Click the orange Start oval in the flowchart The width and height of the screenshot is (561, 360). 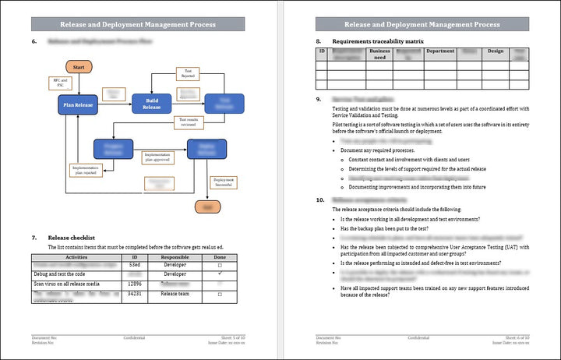click(79, 68)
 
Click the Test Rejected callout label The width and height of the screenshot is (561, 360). click(188, 74)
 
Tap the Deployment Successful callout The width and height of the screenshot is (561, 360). click(224, 183)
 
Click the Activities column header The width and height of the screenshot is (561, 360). click(77, 256)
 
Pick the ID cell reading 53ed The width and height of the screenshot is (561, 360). click(135, 266)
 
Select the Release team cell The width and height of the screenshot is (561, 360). click(175, 295)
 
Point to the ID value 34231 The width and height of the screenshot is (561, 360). click(135, 295)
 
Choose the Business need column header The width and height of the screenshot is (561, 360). click(379, 54)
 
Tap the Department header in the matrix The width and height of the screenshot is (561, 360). click(440, 51)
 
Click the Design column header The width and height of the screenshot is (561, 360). click(496, 51)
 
